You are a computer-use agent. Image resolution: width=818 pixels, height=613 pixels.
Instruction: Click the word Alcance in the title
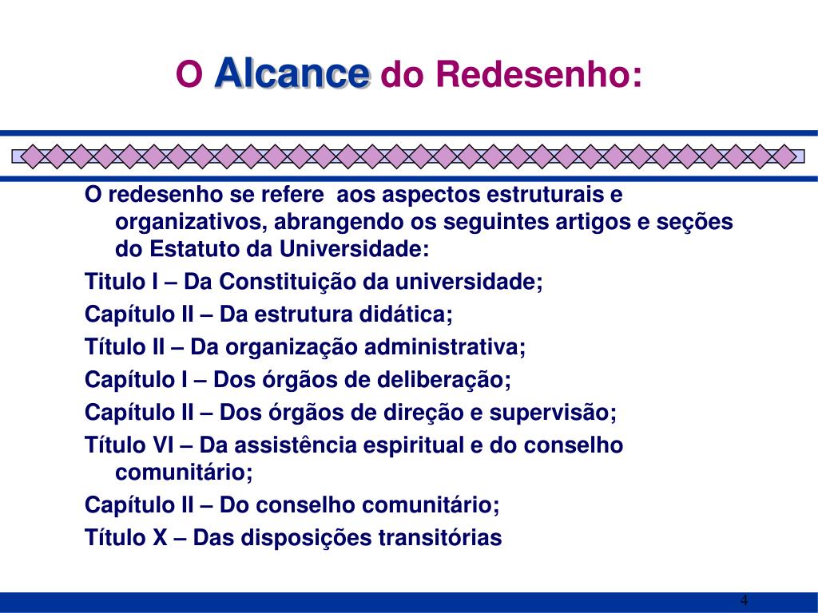tap(292, 73)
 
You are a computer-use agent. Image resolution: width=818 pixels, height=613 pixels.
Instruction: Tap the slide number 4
tap(744, 600)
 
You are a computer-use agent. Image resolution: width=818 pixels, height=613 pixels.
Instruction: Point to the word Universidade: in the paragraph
tap(354, 249)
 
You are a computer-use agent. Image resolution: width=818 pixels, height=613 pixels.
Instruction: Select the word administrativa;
tap(445, 347)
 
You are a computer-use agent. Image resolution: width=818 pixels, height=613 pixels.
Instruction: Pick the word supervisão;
tap(553, 413)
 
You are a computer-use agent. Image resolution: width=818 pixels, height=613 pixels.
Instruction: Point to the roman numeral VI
tap(164, 445)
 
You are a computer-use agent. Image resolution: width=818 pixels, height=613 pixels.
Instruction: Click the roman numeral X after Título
tap(160, 537)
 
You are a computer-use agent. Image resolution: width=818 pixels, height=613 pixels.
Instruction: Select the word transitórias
tap(440, 537)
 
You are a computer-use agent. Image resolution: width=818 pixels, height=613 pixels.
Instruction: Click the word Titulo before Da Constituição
tap(115, 282)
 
